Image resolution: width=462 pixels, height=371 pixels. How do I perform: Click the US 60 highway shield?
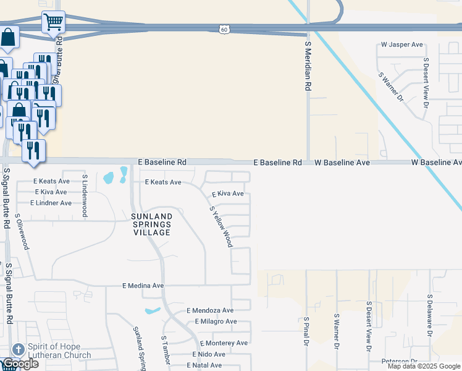pyautogui.click(x=224, y=28)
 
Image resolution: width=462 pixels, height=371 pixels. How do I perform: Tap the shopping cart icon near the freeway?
pyautogui.click(x=53, y=22)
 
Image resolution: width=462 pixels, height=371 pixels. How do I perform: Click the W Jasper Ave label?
pyautogui.click(x=401, y=45)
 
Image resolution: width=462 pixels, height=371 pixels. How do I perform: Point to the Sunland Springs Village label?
pyautogui.click(x=151, y=224)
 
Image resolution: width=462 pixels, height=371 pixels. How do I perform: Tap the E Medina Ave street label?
pyautogui.click(x=143, y=286)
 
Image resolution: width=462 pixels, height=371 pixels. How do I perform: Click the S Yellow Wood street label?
pyautogui.click(x=221, y=226)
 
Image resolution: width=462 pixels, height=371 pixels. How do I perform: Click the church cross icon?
pyautogui.click(x=18, y=349)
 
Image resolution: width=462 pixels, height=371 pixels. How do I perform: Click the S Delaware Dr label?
pyautogui.click(x=429, y=314)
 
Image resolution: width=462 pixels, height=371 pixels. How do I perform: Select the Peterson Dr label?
pyautogui.click(x=400, y=361)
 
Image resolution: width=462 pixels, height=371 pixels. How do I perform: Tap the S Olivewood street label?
pyautogui.click(x=22, y=232)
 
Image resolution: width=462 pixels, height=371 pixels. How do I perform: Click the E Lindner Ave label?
pyautogui.click(x=51, y=203)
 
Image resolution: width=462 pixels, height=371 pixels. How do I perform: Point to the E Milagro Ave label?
pyautogui.click(x=216, y=322)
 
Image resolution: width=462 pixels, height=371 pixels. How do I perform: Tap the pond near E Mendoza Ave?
pyautogui.click(x=153, y=310)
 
